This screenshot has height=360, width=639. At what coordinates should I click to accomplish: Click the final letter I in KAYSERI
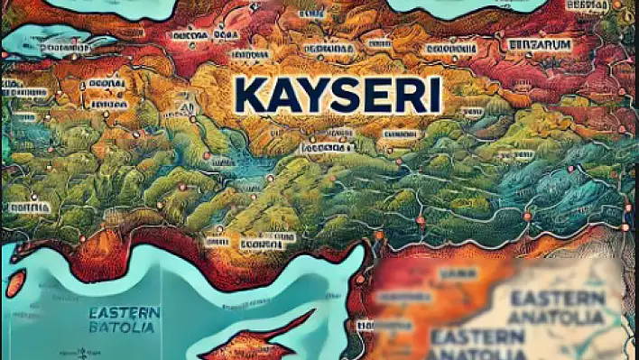[430, 95]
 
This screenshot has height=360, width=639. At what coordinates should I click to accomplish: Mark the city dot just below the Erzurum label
[540, 56]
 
